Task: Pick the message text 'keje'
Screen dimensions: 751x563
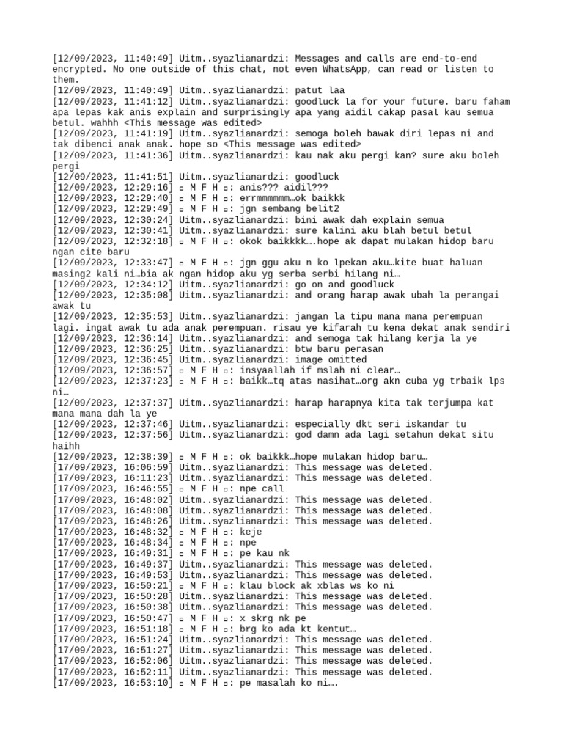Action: tap(251, 532)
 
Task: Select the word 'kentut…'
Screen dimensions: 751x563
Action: tap(334, 629)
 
